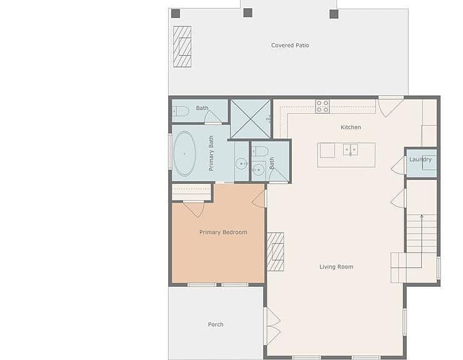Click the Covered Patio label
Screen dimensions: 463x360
(290, 45)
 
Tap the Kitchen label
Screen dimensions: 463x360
(351, 127)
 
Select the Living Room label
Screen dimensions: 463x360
(336, 267)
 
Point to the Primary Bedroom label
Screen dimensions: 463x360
(223, 232)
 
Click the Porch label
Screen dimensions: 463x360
(216, 324)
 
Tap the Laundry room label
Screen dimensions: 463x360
(421, 159)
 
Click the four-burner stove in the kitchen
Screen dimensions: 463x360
(322, 106)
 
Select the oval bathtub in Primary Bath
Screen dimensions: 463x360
(184, 154)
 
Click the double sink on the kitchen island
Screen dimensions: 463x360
(351, 149)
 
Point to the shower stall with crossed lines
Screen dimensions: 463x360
(251, 119)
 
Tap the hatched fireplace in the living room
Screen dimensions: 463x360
(276, 252)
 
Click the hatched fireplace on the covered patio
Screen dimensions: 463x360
(182, 47)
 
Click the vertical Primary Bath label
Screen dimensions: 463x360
(211, 153)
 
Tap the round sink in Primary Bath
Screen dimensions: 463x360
(242, 164)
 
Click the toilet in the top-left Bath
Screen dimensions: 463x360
(181, 111)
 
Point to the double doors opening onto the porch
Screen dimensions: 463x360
(272, 326)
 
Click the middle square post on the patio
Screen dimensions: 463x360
(247, 12)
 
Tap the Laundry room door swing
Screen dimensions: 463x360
(398, 166)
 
